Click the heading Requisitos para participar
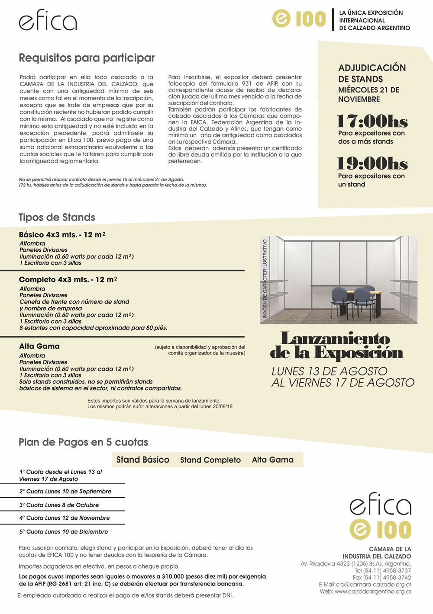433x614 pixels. [x=87, y=58]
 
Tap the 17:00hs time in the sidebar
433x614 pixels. [x=372, y=122]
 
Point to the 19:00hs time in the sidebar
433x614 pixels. [x=372, y=164]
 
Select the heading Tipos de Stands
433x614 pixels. [x=57, y=217]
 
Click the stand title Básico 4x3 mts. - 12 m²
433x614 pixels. [x=62, y=235]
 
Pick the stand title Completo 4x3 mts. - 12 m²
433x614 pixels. [x=68, y=280]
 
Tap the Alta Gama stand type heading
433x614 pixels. [x=39, y=346]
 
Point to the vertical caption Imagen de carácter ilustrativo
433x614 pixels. [x=265, y=279]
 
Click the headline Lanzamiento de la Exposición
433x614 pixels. [x=336, y=345]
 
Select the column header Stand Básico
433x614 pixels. [x=142, y=460]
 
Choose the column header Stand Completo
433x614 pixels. [x=210, y=460]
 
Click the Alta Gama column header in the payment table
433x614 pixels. [x=273, y=460]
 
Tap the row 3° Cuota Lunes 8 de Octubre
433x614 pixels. [x=59, y=505]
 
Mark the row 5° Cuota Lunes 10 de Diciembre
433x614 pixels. [x=64, y=532]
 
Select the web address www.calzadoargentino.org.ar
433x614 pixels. [x=373, y=592]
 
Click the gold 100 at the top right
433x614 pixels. [x=310, y=19]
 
